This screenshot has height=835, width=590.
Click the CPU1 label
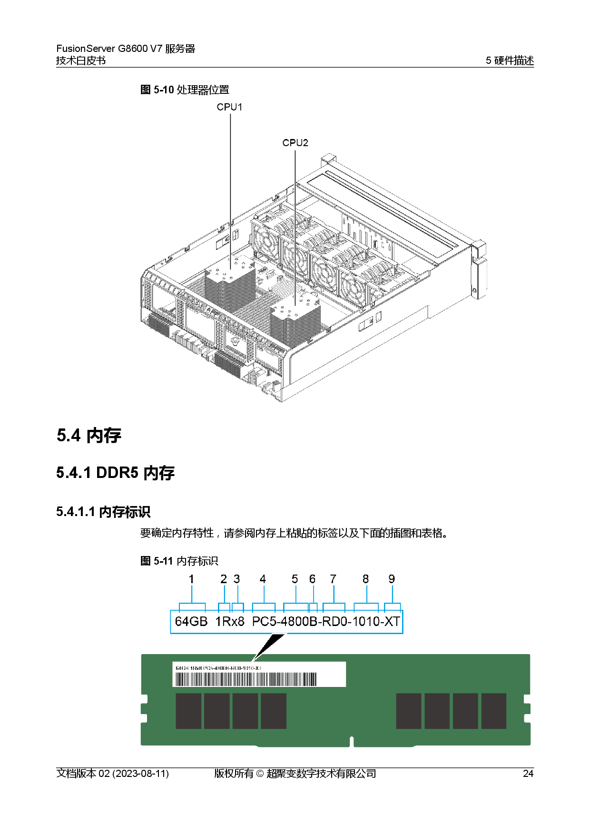229,107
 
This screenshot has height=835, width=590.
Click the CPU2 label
295,143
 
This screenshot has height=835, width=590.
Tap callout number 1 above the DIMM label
191,579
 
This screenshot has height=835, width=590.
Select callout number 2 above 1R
224,579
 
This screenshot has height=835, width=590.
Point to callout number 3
236,579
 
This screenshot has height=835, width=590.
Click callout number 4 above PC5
263,579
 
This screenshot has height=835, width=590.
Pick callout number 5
295,579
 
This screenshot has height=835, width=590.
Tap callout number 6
313,579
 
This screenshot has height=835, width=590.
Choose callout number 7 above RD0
333,579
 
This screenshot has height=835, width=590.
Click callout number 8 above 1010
365,579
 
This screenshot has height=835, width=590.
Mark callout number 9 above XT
392,579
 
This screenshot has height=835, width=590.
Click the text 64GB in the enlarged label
191,621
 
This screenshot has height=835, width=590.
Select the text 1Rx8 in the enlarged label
230,621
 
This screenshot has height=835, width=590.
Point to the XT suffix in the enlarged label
392,621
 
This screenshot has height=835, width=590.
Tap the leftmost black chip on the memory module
188,711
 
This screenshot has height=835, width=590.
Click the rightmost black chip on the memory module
494,711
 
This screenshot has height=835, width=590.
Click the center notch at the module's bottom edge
352,742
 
